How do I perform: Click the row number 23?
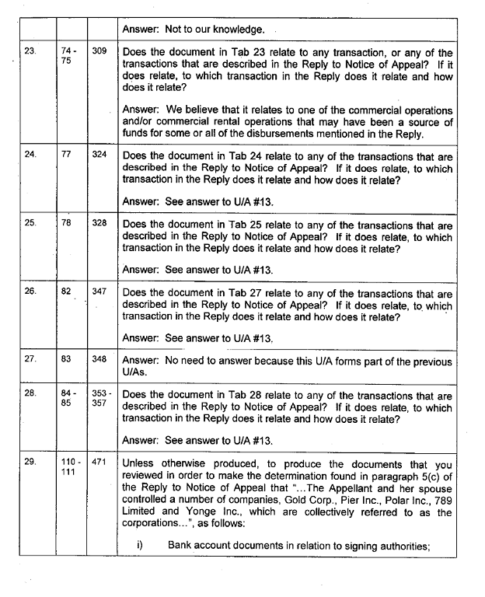pyautogui.click(x=30, y=51)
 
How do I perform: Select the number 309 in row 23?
pyautogui.click(x=99, y=51)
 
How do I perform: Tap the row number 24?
pyautogui.click(x=30, y=155)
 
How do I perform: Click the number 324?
pyautogui.click(x=99, y=155)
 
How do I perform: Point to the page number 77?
pyautogui.click(x=67, y=155)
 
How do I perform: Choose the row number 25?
pyautogui.click(x=30, y=222)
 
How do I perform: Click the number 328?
pyautogui.click(x=99, y=222)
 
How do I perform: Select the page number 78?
pyautogui.click(x=67, y=222)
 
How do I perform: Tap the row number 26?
pyautogui.click(x=30, y=292)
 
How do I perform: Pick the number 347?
pyautogui.click(x=99, y=292)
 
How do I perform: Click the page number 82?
pyautogui.click(x=67, y=292)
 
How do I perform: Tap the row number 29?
pyautogui.click(x=30, y=462)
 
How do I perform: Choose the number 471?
pyautogui.click(x=99, y=462)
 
